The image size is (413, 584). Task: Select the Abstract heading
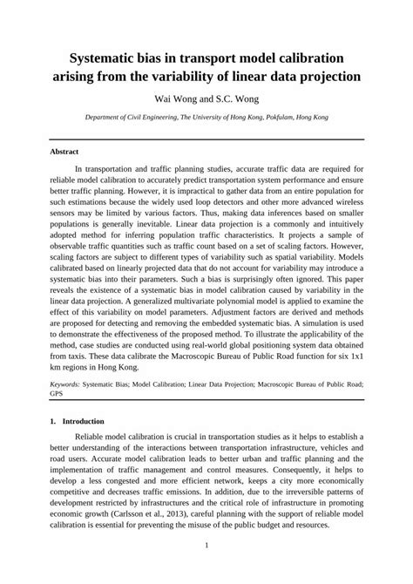coord(64,152)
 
